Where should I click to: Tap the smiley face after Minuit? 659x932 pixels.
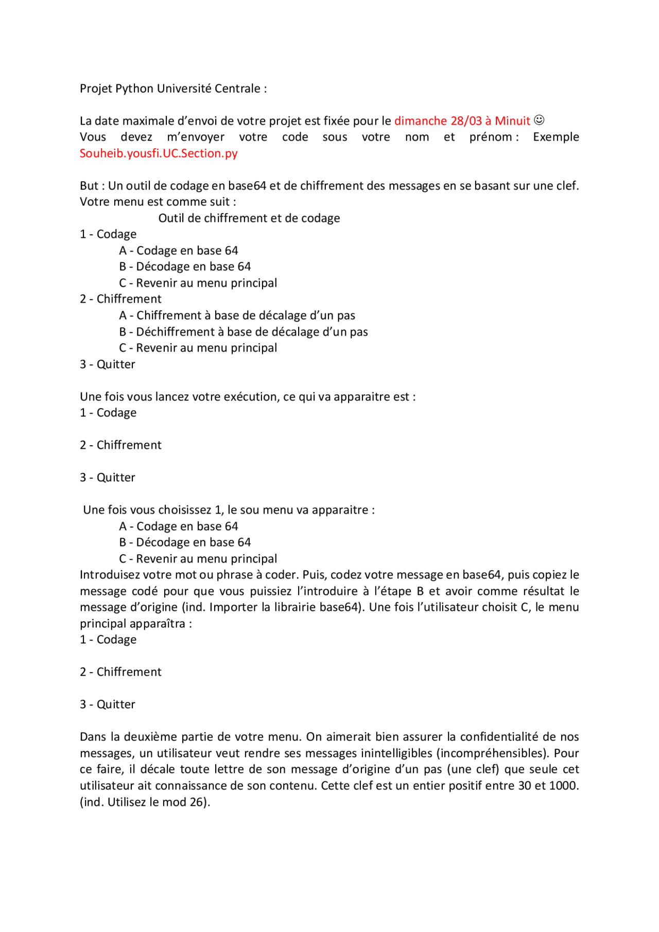[x=539, y=120]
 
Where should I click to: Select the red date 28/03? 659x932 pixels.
[x=466, y=121]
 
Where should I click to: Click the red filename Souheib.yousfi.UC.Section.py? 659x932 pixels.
[x=159, y=153]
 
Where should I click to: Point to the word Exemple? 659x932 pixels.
[x=556, y=137]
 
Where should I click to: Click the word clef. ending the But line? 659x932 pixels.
[x=567, y=186]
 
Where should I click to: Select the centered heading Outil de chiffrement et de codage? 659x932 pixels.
[x=249, y=218]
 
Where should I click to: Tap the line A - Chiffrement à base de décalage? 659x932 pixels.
[x=237, y=315]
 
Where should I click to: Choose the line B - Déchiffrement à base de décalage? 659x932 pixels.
[x=244, y=332]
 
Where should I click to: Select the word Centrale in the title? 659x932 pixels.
[x=237, y=89]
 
